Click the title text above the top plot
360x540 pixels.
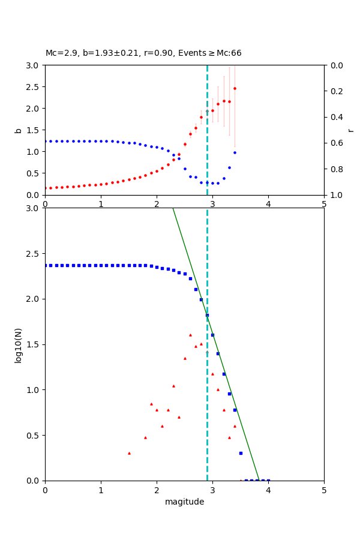coord(143,53)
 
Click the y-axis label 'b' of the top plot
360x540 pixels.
coord(18,130)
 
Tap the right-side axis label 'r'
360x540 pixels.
coord(350,130)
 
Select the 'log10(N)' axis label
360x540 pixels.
coord(18,344)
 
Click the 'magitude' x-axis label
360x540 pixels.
coord(184,502)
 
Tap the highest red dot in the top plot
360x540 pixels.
coord(235,88)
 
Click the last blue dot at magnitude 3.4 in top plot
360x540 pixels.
coord(235,152)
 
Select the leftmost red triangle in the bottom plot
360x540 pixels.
coord(129,453)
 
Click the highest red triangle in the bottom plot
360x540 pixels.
coord(190,335)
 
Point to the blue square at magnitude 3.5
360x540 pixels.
coord(241,453)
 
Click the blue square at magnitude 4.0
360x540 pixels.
coord(268,481)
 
